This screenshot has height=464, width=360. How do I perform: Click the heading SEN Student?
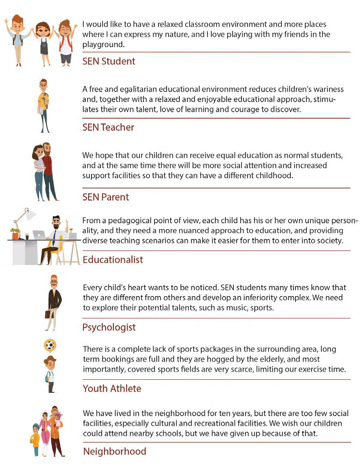108,61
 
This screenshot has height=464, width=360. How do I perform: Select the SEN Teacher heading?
108,127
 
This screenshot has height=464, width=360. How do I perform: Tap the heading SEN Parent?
106,197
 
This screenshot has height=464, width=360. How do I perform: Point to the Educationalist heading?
113,260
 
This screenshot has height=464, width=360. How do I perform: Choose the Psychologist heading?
109,327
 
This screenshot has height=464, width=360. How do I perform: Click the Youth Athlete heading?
112,389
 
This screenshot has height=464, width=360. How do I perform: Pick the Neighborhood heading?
114,451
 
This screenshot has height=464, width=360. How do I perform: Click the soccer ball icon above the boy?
50,345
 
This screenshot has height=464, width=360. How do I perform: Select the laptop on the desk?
39,234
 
